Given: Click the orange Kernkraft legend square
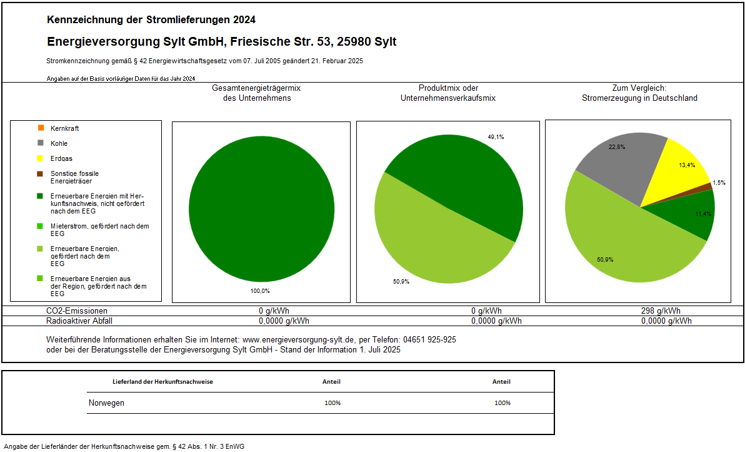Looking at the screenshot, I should point(40,128).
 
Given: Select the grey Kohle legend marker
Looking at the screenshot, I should point(40,143).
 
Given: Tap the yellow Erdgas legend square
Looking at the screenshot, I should point(40,158).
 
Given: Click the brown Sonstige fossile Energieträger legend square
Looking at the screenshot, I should point(40,173).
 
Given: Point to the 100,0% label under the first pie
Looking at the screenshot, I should point(261,290).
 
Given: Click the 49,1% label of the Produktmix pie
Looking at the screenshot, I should point(496,136).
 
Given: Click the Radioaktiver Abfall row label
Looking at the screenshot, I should point(79,321).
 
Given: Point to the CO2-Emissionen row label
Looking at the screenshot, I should point(77,311).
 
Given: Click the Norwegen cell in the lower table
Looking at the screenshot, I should point(106,403).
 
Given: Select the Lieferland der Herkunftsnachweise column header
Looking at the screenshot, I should point(162,381).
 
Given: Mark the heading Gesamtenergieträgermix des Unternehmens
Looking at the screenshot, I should point(257,93).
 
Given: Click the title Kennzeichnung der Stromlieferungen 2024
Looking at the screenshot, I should point(151,20).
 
